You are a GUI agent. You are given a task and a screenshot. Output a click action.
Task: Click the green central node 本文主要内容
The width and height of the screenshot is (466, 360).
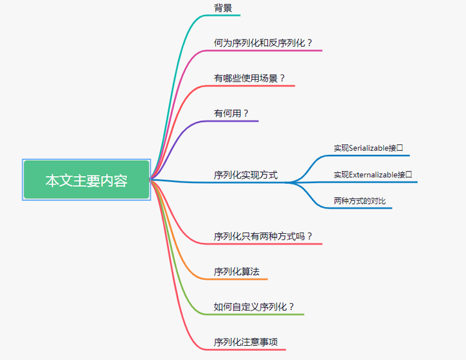86,180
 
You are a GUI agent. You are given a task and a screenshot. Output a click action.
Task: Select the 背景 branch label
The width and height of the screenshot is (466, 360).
223,8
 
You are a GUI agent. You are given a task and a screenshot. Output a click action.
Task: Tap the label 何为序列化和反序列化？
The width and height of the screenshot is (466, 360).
263,43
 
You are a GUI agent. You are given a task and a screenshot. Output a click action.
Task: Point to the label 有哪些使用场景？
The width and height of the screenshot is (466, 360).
250,78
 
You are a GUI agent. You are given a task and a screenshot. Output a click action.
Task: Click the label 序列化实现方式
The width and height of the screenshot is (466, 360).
246,175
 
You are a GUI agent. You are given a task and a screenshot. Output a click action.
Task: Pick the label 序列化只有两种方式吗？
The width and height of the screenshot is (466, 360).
263,236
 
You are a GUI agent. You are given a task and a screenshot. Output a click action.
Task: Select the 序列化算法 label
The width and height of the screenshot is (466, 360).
237,272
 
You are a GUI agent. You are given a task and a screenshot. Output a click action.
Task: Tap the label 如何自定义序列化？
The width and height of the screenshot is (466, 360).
254,307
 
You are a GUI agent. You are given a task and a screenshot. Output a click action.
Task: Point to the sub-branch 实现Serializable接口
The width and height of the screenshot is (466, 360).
368,148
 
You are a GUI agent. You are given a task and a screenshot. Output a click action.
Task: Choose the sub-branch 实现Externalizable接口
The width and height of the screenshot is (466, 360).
373,175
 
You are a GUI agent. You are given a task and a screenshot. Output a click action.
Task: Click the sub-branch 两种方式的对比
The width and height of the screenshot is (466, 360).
360,201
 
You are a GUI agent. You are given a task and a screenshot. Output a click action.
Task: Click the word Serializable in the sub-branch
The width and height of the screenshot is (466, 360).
369,148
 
